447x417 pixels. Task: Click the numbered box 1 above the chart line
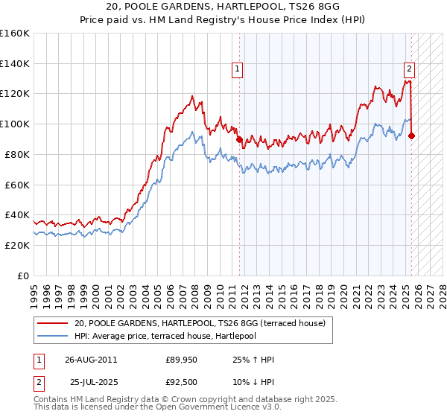click(237, 69)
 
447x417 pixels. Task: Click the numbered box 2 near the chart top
click(409, 69)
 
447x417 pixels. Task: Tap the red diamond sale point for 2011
click(239, 139)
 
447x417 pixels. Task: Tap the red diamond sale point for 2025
click(411, 136)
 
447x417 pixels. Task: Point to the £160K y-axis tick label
click(15, 34)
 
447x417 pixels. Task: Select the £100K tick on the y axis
click(15, 124)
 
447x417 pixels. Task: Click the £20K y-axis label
click(18, 245)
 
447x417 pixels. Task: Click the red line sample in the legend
click(54, 323)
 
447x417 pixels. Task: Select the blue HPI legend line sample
click(54, 336)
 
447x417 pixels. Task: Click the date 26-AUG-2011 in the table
click(91, 360)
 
